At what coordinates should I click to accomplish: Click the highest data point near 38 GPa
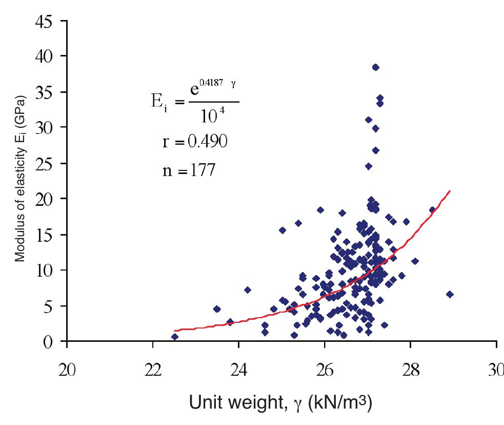(x=375, y=67)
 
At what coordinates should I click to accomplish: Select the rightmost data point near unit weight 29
(x=450, y=294)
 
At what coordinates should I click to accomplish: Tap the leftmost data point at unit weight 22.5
(x=175, y=337)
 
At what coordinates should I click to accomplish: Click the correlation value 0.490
(x=207, y=142)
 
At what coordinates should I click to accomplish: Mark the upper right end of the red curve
(x=450, y=190)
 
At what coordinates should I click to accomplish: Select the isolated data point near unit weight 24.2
(x=248, y=290)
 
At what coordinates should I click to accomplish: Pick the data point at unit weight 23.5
(x=217, y=309)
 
